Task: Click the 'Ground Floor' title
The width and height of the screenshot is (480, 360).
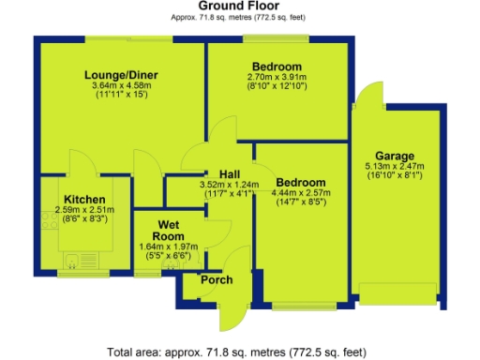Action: [x=239, y=7]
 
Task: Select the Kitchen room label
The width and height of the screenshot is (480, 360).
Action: [x=82, y=198]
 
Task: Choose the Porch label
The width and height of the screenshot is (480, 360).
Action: [x=215, y=280]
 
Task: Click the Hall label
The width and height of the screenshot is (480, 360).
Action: [x=231, y=173]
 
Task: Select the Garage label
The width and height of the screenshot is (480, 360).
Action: [x=395, y=155]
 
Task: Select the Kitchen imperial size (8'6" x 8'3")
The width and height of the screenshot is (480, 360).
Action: [x=82, y=220]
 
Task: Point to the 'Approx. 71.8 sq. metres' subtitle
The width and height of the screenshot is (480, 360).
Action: [x=239, y=18]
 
